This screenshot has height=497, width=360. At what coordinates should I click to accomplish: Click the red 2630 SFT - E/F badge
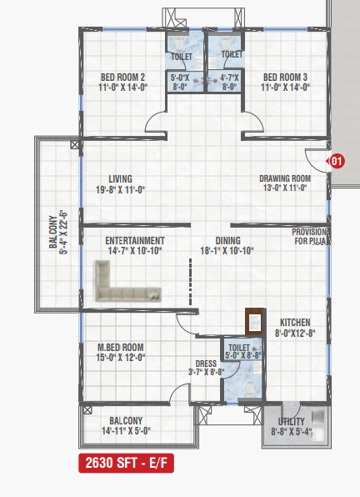click(126, 463)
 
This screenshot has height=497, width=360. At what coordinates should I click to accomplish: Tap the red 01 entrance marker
click(337, 161)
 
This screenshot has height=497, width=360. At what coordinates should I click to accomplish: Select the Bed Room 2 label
click(122, 77)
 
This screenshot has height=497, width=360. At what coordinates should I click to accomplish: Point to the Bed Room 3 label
click(285, 77)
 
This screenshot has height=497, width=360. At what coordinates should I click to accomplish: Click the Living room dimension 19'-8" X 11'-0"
click(120, 190)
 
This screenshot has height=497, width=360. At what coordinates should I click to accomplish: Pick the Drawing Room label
click(285, 178)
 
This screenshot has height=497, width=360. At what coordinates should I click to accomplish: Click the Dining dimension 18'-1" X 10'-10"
click(227, 251)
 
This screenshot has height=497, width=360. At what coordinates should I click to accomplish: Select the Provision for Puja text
click(310, 237)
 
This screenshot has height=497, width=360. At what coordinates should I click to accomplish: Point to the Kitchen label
click(295, 323)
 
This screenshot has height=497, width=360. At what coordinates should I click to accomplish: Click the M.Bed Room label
click(121, 348)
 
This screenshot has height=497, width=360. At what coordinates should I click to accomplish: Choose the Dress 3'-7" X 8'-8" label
click(206, 368)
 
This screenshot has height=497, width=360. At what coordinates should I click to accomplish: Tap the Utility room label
click(291, 422)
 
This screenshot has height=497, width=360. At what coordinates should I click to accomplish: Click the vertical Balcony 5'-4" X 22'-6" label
click(58, 232)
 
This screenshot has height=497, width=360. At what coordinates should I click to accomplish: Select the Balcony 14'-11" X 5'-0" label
click(126, 425)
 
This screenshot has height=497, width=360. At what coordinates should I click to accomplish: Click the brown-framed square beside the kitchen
click(254, 321)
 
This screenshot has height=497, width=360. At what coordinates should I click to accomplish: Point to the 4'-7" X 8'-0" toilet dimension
click(229, 82)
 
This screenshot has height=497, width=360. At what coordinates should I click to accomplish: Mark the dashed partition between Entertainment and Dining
click(190, 282)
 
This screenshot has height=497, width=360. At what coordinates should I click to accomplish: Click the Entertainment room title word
click(135, 240)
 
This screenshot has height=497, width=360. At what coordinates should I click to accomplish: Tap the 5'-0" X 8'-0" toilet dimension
click(180, 82)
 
